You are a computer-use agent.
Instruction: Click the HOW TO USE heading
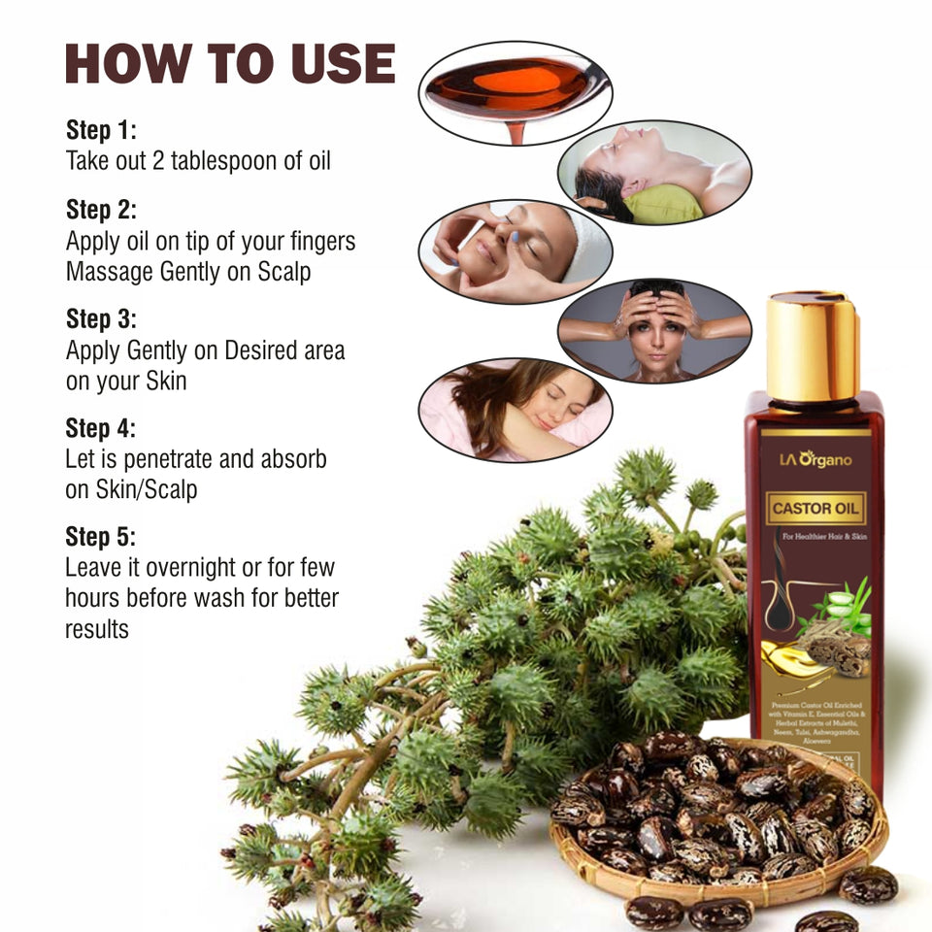click(x=230, y=64)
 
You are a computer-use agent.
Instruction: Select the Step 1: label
click(x=101, y=130)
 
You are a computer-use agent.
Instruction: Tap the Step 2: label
click(x=101, y=209)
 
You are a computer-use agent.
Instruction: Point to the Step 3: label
click(x=101, y=318)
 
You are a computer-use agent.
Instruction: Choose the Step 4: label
click(x=101, y=427)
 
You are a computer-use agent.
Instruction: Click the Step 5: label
click(x=101, y=536)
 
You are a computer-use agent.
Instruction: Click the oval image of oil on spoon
click(x=514, y=93)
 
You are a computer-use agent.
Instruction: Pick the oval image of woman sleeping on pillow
click(x=515, y=410)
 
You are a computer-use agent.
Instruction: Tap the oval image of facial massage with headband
click(x=515, y=251)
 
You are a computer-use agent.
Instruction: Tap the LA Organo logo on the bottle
click(x=814, y=458)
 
